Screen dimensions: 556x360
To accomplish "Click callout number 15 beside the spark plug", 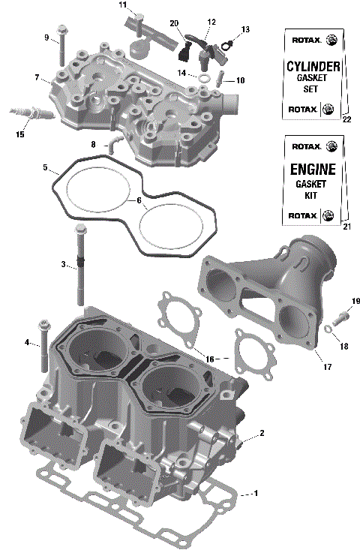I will coord(19,134).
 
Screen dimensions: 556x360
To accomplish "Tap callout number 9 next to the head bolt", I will coord(46,38).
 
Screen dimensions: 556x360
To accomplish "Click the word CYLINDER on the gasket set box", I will coord(313,68).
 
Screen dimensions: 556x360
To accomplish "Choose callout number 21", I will coord(346,226).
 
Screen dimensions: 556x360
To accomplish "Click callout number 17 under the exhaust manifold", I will coord(327,368).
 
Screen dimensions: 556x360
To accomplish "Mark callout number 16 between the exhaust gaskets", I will coord(209,359).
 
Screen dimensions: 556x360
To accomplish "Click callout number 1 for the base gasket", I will coord(256,493).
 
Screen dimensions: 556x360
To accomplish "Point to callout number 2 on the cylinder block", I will coord(262,433).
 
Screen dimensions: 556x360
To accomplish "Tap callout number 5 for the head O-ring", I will coord(45,167).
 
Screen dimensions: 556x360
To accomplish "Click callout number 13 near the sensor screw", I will coord(245,29).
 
